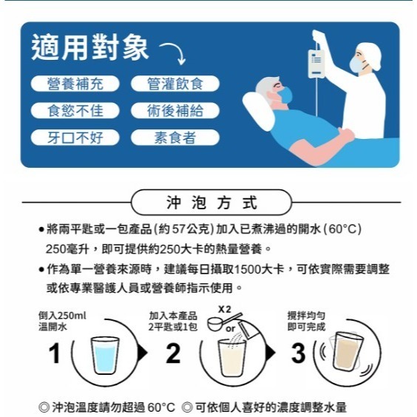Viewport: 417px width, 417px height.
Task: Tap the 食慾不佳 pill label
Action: coord(75,111)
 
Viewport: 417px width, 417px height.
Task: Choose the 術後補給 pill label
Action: coord(176,111)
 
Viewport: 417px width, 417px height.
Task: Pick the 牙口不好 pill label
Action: coord(75,137)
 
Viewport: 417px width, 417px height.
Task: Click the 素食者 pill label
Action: coord(176,137)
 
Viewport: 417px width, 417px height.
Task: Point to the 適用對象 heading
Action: coord(89,48)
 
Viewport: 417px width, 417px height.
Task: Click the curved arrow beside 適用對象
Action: coord(172,52)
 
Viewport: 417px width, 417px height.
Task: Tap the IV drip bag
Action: coord(316,64)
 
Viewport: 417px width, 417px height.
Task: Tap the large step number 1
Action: coord(55,353)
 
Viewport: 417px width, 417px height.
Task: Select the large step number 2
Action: coord(173,353)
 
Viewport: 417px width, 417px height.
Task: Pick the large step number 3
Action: coord(298,353)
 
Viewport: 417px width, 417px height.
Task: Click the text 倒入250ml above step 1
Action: coord(62,315)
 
